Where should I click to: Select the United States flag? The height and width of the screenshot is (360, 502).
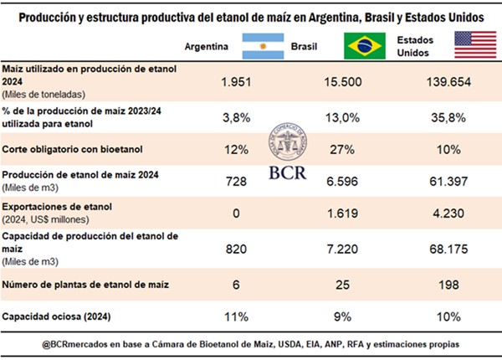point(474,45)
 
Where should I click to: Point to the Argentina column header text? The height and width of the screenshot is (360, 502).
point(207,47)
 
